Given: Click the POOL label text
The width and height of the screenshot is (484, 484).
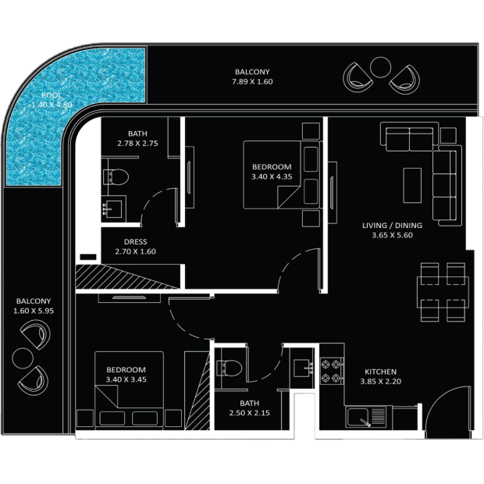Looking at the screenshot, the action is (52, 95).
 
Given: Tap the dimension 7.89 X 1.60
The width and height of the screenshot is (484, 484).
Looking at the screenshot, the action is (252, 82).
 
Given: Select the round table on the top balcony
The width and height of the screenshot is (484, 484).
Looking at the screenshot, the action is (380, 67).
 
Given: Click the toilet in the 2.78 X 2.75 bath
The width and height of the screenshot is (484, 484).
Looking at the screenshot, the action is (116, 177).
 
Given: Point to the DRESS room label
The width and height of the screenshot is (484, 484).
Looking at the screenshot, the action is (135, 242).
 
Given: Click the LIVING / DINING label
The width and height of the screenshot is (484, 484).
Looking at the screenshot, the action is (392, 226).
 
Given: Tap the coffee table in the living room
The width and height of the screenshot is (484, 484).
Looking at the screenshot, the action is (412, 185).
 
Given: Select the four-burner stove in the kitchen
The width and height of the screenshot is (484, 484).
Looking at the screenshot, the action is (332, 371).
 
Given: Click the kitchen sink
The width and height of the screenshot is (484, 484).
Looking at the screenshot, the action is (366, 418).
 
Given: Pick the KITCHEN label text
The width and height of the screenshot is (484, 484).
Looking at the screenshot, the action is (380, 372).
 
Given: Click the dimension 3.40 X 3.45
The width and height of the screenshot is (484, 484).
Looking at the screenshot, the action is (126, 379).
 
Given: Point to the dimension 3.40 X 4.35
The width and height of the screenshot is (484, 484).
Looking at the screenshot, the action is (272, 177).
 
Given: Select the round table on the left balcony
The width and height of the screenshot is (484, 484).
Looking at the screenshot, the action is (23, 358).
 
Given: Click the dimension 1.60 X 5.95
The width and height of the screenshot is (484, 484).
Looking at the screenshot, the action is (34, 311).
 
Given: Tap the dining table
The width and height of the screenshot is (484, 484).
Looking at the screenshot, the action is (443, 292).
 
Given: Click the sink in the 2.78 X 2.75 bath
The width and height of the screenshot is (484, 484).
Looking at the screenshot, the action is (113, 209).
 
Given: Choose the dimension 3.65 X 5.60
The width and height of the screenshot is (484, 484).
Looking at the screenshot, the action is (392, 235).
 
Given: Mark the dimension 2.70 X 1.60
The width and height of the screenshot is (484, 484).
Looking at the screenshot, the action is (135, 251).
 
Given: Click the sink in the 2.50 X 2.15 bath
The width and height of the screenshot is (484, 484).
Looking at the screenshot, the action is (303, 368).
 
